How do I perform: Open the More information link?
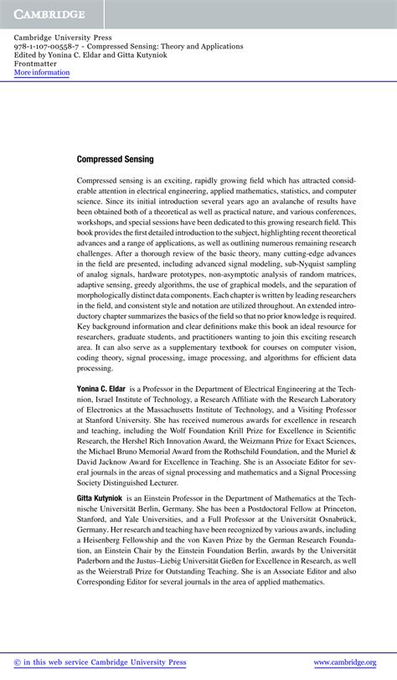[42, 73]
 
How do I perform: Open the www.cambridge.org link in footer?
[345, 662]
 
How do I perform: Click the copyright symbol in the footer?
[18, 662]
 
